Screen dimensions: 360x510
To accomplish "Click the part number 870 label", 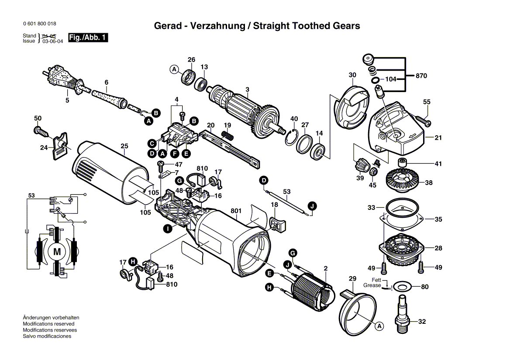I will click(421, 76).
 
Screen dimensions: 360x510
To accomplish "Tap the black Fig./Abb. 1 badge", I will click(88, 38).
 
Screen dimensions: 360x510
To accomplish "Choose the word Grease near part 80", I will click(372, 285).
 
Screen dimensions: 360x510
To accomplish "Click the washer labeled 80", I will click(402, 287).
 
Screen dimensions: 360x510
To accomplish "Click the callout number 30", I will click(352, 75).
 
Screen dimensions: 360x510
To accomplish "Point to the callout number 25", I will click(124, 146).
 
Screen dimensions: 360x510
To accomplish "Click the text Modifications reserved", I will click(48, 324).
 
